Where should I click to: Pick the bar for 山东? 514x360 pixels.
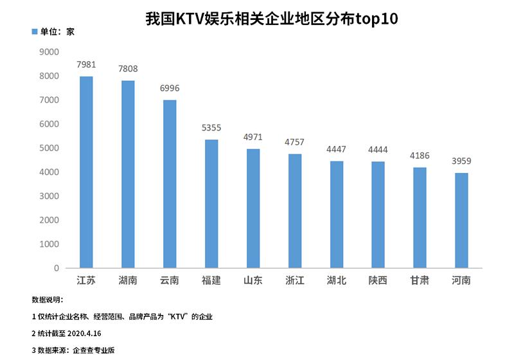253,208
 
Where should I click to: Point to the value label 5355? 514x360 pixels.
211,129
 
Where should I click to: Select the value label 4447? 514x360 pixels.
336,150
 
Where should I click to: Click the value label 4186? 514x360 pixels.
419,156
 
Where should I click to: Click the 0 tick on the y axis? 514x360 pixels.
57,268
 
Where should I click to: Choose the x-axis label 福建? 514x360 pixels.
211,281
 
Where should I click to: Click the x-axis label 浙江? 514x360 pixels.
294,281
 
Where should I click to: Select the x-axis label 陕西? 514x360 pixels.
378,281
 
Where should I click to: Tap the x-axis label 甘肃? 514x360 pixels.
419,281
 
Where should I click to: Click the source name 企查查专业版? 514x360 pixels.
94,350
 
